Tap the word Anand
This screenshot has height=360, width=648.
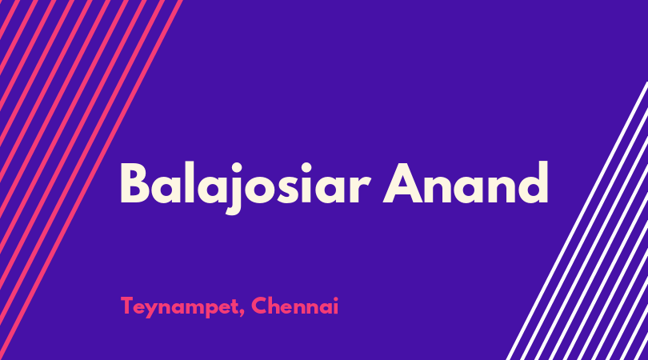pyautogui.click(x=466, y=182)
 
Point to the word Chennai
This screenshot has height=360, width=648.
pyautogui.click(x=294, y=306)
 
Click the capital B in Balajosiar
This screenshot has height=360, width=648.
pyautogui.click(x=134, y=183)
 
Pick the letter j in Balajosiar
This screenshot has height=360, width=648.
pyautogui.click(x=234, y=189)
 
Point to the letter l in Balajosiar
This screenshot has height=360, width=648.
pyautogui.click(x=189, y=182)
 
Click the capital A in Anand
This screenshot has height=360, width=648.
pyautogui.click(x=403, y=183)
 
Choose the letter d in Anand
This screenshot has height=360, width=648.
pyautogui.click(x=533, y=182)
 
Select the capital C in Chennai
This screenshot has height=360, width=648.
pyautogui.click(x=259, y=306)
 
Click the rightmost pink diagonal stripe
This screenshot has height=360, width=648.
pyautogui.click(x=92, y=180)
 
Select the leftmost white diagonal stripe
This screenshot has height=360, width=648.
pyautogui.click(x=578, y=220)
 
